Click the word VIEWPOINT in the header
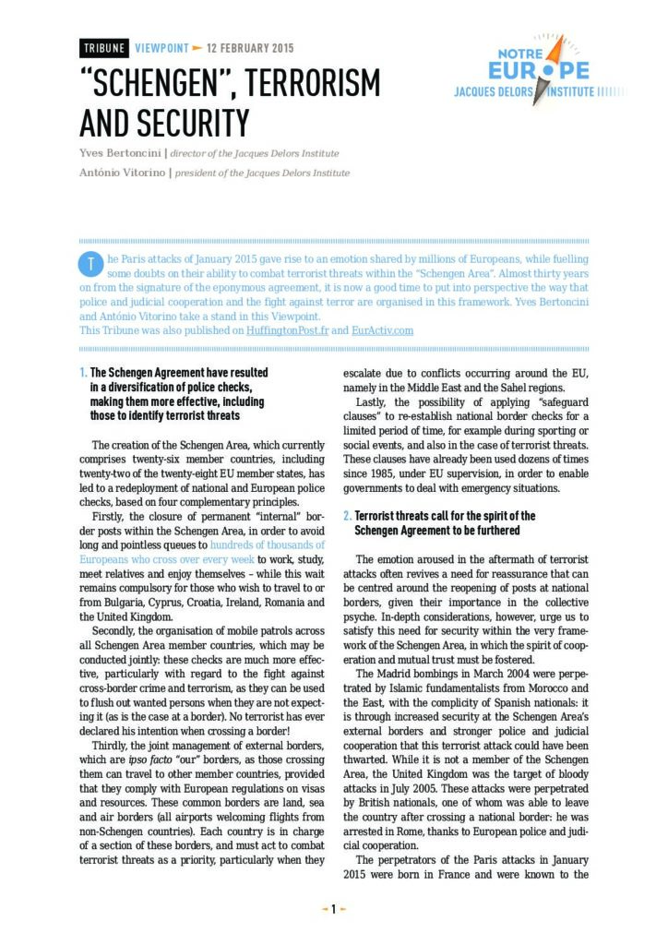coord(161,48)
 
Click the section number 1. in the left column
coord(83,373)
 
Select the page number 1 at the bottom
coord(333,909)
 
